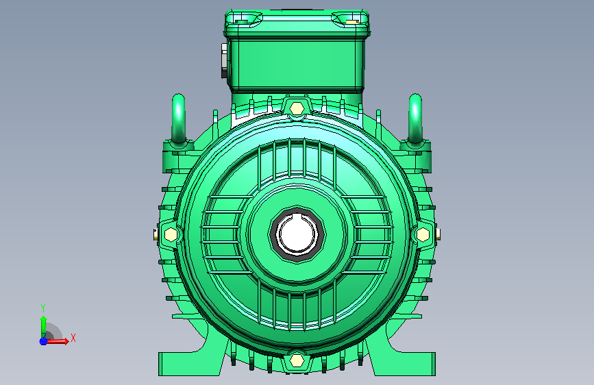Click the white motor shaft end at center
297,234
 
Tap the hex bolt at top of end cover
297,109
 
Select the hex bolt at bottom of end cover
297,360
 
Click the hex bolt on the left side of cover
171,234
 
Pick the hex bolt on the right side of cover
423,234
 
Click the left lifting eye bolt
178,119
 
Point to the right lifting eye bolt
415,119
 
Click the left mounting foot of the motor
189,363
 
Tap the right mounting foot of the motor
405,363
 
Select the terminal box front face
297,64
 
